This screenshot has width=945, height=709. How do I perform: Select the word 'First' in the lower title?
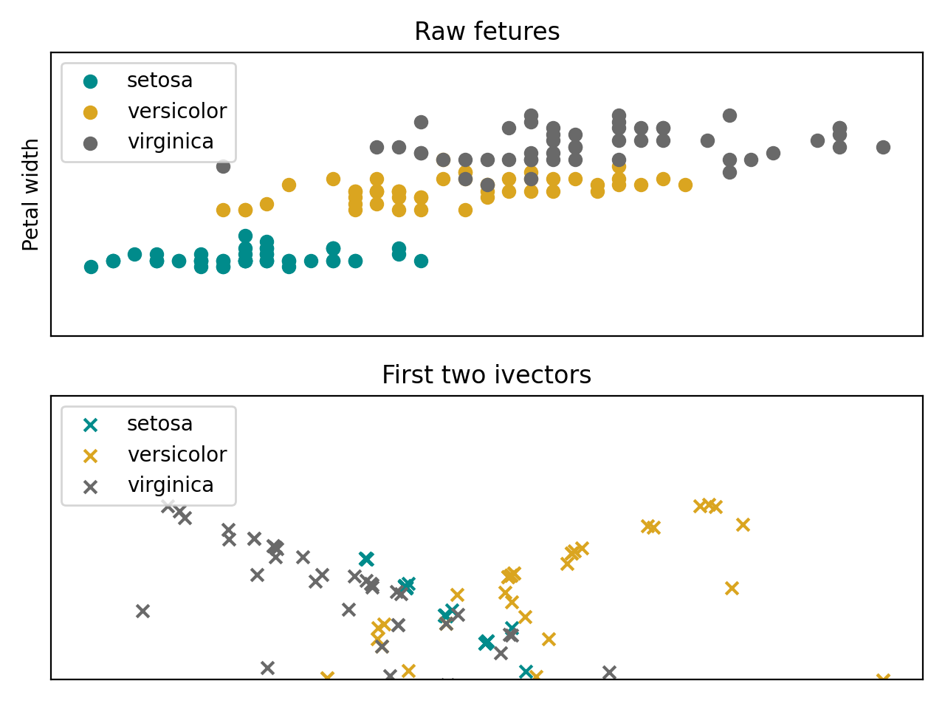[405, 375]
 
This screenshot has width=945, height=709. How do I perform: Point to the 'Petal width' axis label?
[31, 194]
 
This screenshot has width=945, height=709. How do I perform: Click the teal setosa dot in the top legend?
[91, 81]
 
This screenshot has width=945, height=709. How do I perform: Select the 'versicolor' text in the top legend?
[176, 112]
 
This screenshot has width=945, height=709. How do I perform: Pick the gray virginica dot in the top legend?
[91, 143]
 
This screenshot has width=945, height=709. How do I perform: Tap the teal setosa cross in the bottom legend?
[91, 425]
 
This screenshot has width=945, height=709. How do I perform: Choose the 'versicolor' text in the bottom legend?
[176, 455]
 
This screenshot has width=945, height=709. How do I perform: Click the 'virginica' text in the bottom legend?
[171, 485]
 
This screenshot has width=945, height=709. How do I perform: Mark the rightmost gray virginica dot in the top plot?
[883, 147]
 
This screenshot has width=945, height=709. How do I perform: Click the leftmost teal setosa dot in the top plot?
[91, 267]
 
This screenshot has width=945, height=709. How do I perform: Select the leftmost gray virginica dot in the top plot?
[223, 166]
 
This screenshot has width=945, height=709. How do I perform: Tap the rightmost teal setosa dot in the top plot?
[421, 261]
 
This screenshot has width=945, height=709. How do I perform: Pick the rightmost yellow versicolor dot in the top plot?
[685, 185]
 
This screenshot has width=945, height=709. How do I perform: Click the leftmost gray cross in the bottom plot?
[143, 611]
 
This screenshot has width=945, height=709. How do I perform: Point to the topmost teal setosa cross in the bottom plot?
[366, 558]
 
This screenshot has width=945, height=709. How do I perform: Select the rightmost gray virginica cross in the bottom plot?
[609, 672]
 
